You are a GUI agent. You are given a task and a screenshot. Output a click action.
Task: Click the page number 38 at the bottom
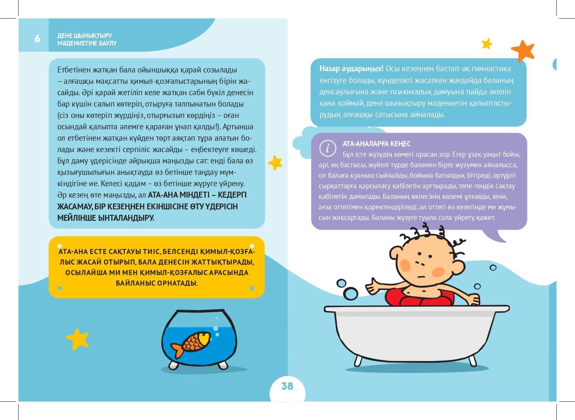coord(287,386)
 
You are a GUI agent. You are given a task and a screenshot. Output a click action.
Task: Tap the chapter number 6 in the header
coord(37,39)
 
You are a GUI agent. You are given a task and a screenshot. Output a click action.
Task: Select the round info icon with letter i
coord(328,148)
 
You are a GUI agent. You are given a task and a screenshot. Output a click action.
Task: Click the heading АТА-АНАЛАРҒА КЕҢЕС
coord(376,144)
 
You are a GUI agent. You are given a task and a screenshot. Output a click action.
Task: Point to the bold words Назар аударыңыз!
coord(351,69)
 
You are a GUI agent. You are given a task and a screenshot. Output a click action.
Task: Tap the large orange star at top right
coord(523,51)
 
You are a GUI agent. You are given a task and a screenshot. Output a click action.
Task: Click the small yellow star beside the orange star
coord(487,43)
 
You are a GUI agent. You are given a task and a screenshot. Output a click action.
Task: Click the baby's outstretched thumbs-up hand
coord(373,288)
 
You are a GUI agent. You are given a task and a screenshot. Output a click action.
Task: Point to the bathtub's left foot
coord(358,361)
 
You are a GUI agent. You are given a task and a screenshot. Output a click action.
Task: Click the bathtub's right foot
coord(473,361)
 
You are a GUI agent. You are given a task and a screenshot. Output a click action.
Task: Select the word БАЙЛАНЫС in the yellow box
coord(134,283)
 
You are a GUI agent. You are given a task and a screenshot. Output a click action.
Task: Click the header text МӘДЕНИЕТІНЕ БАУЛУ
coord(87,43)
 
